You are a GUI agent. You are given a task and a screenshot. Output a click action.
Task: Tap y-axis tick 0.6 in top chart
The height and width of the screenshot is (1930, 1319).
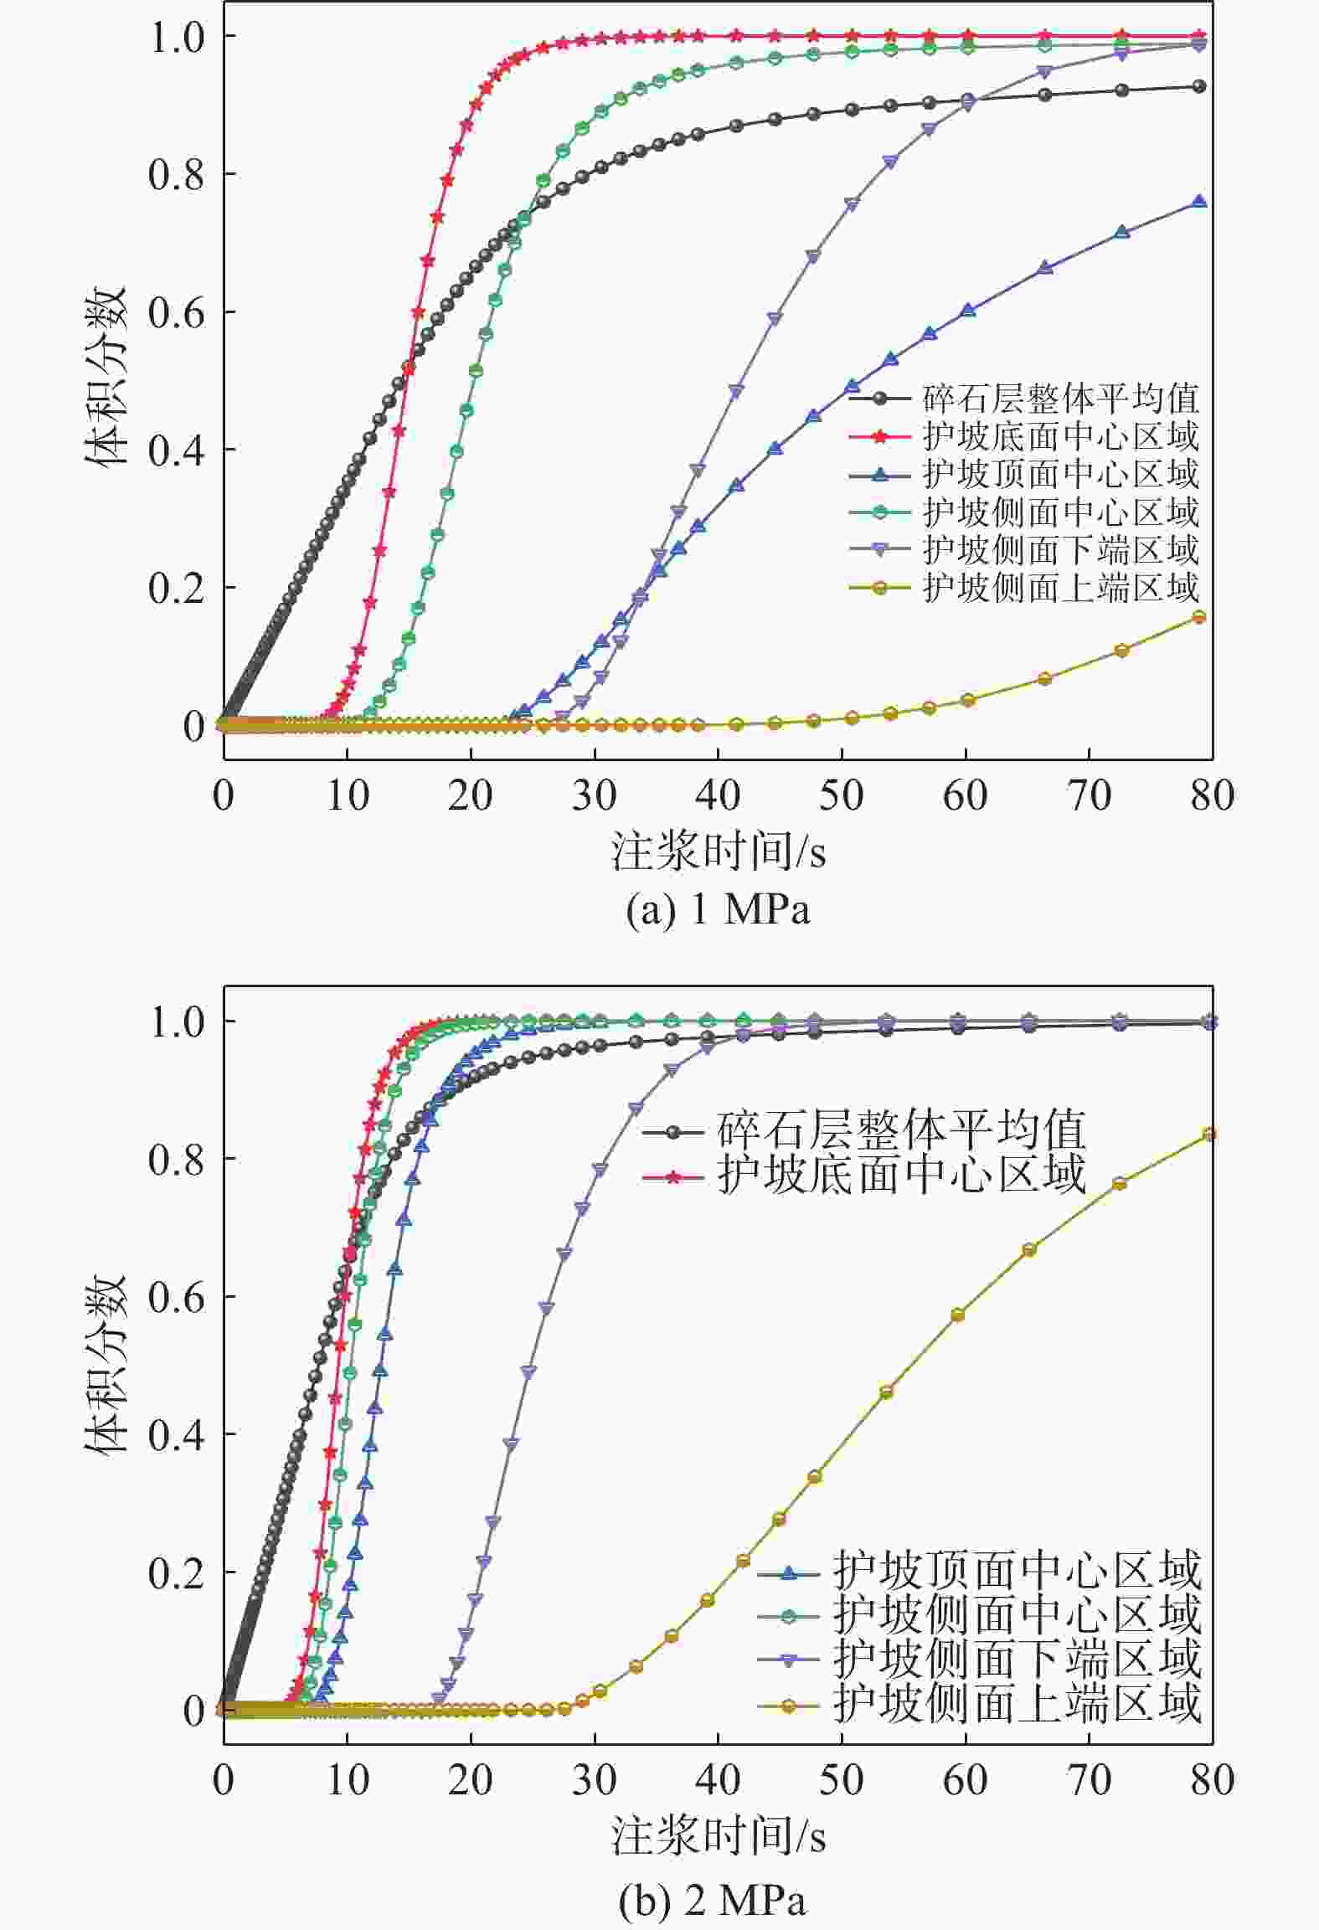(176, 312)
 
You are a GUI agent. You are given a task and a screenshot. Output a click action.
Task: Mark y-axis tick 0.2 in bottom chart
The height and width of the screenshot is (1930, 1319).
(176, 1575)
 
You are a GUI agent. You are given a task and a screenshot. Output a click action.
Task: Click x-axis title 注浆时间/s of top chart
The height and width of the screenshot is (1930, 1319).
(718, 852)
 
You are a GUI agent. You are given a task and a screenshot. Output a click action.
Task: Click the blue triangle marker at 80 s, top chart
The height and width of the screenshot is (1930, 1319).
(1198, 202)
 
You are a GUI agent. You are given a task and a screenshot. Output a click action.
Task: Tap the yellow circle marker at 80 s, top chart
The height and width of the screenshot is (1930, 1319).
(1198, 617)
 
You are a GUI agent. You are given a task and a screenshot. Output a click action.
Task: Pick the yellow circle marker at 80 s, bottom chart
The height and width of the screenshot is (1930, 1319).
(1208, 1135)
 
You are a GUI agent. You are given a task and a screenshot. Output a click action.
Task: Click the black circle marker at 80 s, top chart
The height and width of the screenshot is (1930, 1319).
(1198, 86)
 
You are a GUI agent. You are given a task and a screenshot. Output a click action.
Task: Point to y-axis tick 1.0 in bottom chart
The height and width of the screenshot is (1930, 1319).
(176, 1022)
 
